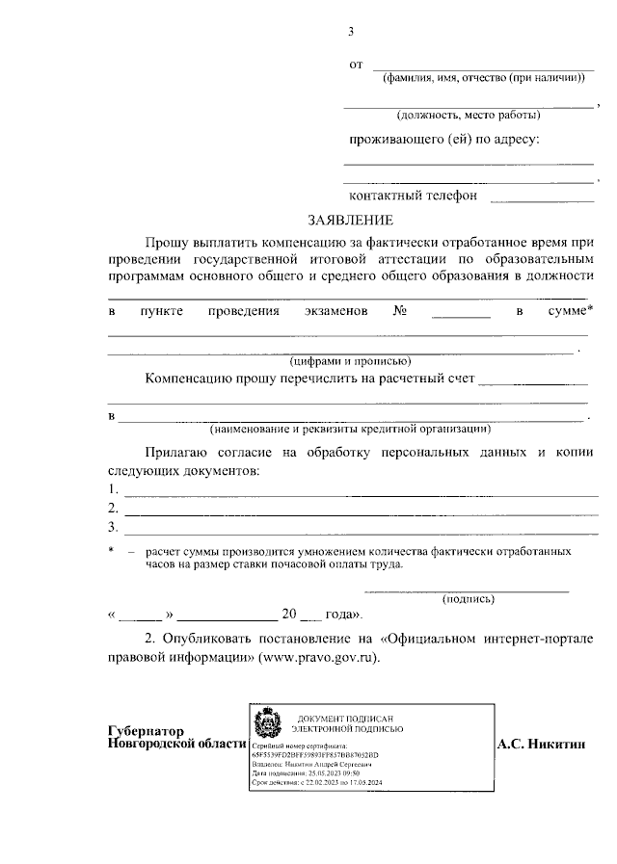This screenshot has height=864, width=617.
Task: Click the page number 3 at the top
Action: coord(352,31)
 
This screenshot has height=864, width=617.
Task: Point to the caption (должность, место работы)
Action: coord(469,115)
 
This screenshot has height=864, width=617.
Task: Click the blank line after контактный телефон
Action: coord(542,199)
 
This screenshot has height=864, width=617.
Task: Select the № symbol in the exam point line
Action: coord(399,312)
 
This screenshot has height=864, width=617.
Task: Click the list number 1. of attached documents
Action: coord(113,490)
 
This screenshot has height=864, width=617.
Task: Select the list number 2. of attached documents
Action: coord(113,509)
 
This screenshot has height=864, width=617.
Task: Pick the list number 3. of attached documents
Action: coord(113,527)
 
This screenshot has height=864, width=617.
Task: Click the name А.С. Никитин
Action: coord(543,745)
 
